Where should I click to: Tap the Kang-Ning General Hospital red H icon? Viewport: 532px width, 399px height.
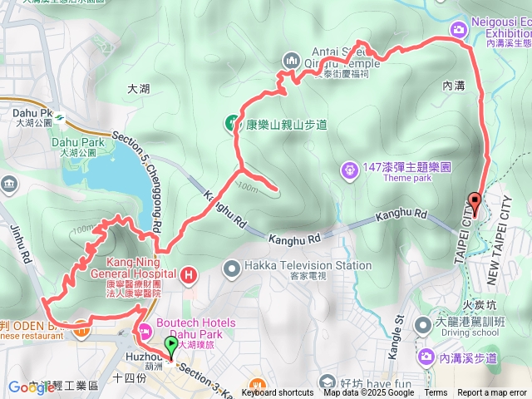pyautogui.click(x=190, y=273)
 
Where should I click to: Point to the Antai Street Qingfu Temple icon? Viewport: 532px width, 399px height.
pyautogui.click(x=291, y=60)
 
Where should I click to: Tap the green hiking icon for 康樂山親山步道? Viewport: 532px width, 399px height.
pyautogui.click(x=234, y=123)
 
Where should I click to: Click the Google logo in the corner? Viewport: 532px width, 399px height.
pyautogui.click(x=26, y=387)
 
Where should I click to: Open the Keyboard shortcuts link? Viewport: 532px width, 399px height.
pyautogui.click(x=278, y=393)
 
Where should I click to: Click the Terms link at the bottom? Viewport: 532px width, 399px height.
pyautogui.click(x=436, y=393)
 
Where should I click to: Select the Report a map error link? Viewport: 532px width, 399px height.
pyautogui.click(x=492, y=393)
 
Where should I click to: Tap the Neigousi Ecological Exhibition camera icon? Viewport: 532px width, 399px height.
pyautogui.click(x=458, y=31)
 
